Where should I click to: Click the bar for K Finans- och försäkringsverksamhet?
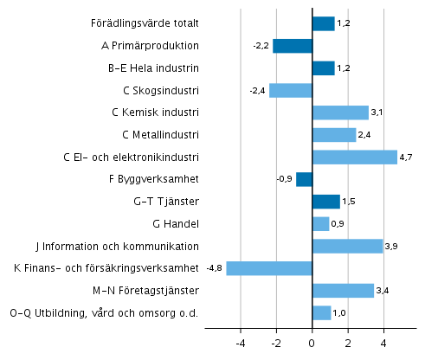click(269, 268)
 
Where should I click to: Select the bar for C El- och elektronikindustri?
click(354, 157)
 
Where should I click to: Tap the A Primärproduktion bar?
click(292, 46)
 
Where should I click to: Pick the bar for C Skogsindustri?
click(290, 90)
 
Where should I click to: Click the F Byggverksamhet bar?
click(304, 179)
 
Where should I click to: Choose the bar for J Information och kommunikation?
click(347, 246)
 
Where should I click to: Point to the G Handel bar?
click(320, 224)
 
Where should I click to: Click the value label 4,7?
click(408, 157)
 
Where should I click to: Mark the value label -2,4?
click(258, 91)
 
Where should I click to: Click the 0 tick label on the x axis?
click(312, 344)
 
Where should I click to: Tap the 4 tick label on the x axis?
click(383, 344)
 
